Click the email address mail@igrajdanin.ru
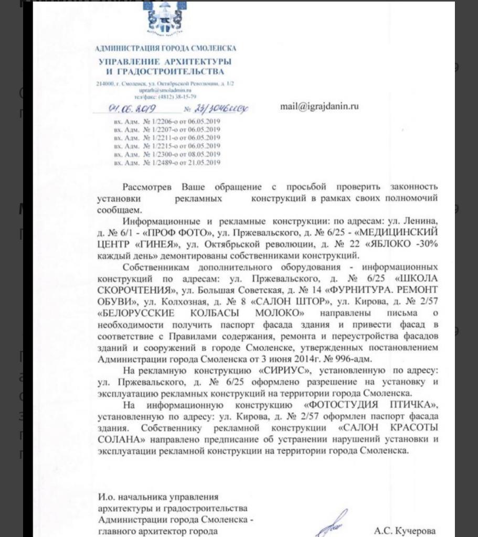click(320, 106)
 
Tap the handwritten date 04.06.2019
click(122, 109)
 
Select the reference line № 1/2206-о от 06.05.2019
click(167, 122)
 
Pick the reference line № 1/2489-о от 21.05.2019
click(167, 163)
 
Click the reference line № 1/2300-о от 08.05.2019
click(167, 154)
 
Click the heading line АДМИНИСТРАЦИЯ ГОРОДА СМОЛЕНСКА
click(166, 48)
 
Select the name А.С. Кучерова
click(405, 531)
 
